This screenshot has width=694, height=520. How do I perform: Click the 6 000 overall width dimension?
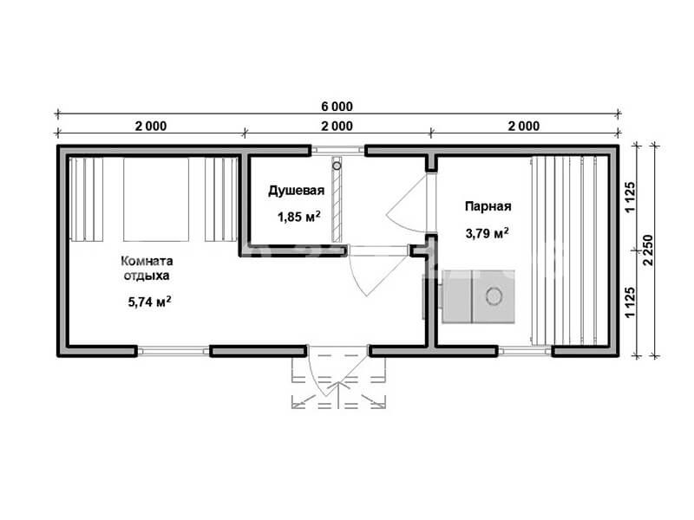(x=337, y=107)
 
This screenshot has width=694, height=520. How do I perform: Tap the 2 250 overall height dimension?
(x=648, y=250)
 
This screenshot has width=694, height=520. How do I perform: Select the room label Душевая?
(x=296, y=191)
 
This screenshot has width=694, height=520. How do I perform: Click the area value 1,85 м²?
(x=298, y=217)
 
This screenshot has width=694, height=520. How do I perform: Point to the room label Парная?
(x=488, y=206)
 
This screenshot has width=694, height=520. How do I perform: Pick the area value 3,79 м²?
(x=487, y=232)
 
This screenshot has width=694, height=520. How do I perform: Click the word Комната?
(x=147, y=261)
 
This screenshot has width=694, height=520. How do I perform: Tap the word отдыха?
(x=147, y=276)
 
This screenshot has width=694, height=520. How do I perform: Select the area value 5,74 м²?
(x=149, y=302)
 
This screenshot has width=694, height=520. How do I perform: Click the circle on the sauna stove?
(x=494, y=296)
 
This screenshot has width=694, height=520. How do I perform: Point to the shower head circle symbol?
(x=337, y=166)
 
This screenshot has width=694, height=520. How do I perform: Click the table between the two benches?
(x=156, y=199)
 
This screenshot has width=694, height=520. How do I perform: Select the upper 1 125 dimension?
(x=631, y=197)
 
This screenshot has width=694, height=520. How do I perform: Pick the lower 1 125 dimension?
(x=631, y=302)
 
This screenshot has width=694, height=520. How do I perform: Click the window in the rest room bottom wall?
(x=173, y=351)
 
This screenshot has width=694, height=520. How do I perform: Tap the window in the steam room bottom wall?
(x=525, y=351)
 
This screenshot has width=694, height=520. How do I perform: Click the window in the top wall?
(x=337, y=150)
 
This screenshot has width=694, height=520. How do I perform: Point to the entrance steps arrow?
(x=338, y=394)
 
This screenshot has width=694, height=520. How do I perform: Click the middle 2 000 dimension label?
(x=337, y=126)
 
